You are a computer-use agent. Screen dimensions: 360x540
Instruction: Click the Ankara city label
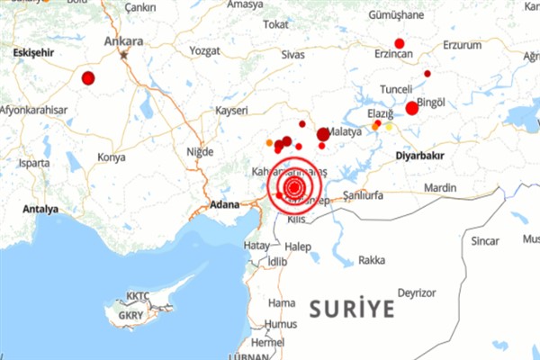point(123,40)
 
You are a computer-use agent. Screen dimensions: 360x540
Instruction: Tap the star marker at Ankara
point(125,53)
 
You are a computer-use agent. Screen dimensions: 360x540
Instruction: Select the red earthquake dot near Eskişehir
point(88,78)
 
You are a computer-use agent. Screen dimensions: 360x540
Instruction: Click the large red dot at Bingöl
point(412,108)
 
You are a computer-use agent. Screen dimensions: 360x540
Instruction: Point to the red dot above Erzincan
point(400,43)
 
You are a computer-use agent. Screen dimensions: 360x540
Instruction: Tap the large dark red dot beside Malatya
point(323,135)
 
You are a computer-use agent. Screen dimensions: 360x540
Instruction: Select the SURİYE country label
point(352,310)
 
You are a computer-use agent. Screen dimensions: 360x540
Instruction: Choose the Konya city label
point(112,157)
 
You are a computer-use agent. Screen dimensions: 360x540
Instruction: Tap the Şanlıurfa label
point(357,194)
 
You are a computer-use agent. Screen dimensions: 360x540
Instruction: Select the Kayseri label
point(230,110)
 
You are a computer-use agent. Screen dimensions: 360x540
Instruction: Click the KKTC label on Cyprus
point(138,295)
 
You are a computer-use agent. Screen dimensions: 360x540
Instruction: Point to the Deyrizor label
point(417,292)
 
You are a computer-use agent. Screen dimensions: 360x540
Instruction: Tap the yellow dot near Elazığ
point(390,127)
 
